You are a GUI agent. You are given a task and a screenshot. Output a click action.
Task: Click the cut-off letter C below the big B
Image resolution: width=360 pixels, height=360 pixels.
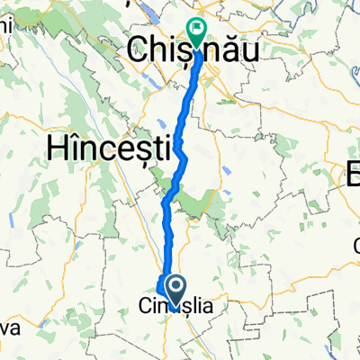coord(355,241)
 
